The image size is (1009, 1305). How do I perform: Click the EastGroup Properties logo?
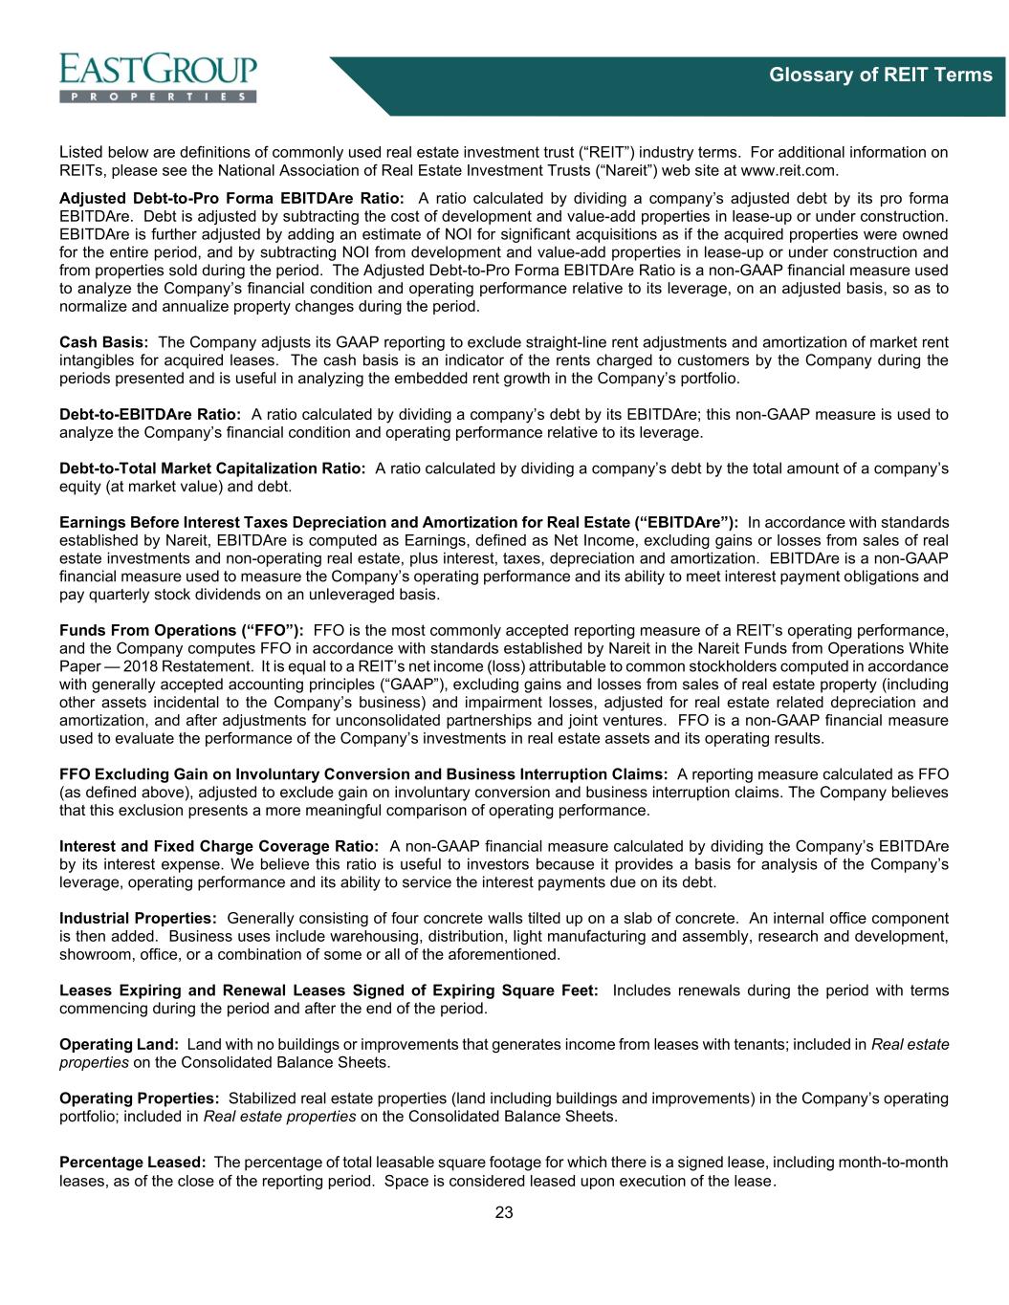click(159, 77)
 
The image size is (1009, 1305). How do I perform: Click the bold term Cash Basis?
click(103, 342)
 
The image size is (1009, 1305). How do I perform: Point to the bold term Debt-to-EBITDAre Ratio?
click(149, 415)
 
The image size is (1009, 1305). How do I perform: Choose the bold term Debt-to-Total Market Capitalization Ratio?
click(212, 468)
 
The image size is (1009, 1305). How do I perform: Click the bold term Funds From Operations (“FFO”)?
click(182, 631)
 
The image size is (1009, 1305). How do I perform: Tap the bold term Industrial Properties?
click(138, 918)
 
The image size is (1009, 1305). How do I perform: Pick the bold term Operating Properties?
click(140, 1098)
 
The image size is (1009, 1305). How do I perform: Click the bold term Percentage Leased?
click(133, 1163)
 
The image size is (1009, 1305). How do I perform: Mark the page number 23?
click(504, 1213)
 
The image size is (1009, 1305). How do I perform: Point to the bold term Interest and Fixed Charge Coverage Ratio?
click(219, 846)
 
